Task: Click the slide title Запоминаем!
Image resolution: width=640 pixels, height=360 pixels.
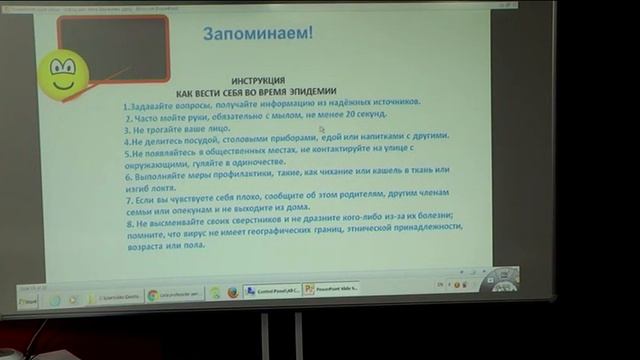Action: [x=258, y=33]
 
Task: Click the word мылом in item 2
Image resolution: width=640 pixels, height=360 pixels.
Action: [x=286, y=115]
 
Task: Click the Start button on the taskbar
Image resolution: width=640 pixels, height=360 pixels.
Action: [x=31, y=300]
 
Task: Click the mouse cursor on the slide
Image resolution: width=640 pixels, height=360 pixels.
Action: [x=322, y=128]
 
